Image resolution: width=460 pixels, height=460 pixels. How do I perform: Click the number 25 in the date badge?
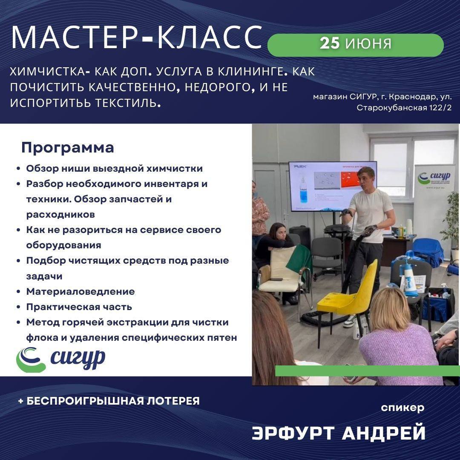point(330,43)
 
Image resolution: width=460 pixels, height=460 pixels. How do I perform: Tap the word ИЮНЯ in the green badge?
point(368,44)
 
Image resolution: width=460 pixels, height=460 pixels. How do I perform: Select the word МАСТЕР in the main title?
point(75,37)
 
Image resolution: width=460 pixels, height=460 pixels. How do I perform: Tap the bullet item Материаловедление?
point(80,291)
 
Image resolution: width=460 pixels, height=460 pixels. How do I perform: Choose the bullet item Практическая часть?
point(79,307)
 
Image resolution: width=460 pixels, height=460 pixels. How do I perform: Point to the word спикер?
point(402,408)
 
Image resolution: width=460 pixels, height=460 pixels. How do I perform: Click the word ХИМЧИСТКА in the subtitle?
point(48,72)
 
